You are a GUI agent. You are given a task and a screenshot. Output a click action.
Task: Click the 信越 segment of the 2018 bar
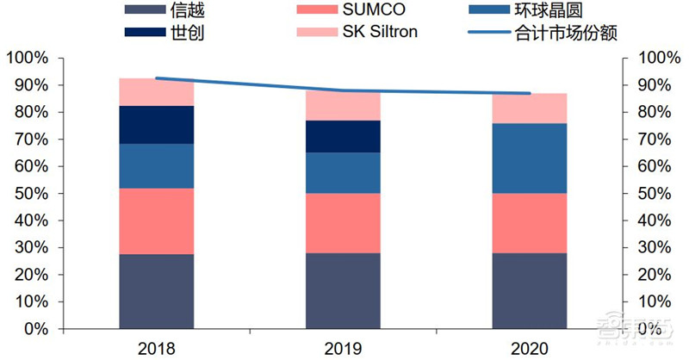156,291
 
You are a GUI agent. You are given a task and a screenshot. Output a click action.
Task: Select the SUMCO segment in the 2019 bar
343,223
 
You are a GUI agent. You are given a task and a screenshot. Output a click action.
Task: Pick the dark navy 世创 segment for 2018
156,125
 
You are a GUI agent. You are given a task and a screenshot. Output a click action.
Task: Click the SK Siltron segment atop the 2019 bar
343,105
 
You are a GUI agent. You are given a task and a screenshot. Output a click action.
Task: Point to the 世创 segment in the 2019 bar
343,136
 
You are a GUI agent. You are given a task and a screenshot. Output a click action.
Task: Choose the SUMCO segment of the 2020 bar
529,223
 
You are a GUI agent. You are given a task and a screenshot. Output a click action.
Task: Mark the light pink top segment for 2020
529,108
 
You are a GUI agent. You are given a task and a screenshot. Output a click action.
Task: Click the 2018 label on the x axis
156,348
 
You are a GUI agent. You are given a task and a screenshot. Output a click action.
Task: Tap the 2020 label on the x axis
529,348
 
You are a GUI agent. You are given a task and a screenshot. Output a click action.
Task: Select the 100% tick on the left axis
30,59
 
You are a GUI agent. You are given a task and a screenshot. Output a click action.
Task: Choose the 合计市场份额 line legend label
576,34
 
